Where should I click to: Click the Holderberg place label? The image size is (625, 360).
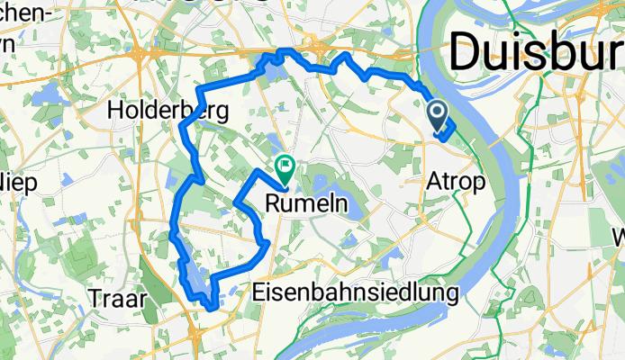pos(168,111)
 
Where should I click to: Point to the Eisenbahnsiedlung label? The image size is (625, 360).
pos(356,292)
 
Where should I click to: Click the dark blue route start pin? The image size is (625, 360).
pos(437,114)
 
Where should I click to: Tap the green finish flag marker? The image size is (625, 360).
pos(286,165)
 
